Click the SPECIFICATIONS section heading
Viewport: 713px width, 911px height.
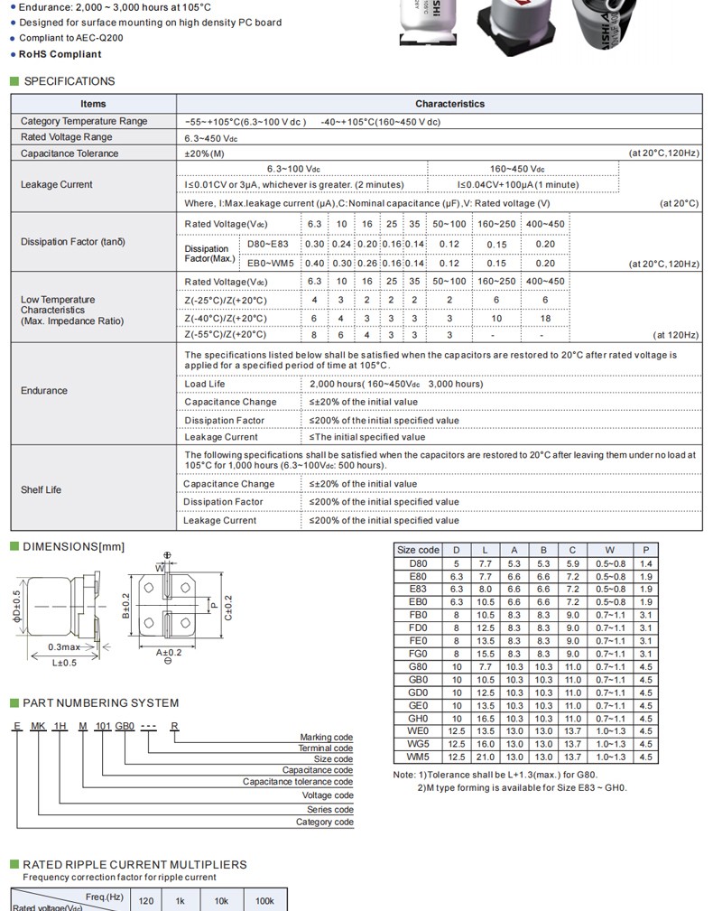[x=69, y=81]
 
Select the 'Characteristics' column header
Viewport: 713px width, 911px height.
[x=449, y=104]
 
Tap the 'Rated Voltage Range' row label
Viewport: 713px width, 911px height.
[x=67, y=137]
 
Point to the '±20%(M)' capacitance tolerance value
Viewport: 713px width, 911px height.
[x=204, y=153]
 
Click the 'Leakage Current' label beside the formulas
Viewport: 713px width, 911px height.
[x=57, y=184]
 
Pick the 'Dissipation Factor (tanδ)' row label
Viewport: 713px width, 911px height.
[x=73, y=242]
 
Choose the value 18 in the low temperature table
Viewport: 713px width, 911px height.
[x=545, y=318]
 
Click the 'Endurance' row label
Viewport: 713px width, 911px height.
[x=44, y=391]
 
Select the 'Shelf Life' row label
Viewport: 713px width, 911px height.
[x=42, y=489]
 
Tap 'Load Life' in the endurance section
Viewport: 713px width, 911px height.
[x=205, y=384]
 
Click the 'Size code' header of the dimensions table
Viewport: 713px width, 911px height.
[x=418, y=550]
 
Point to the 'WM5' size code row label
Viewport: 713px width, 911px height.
[x=418, y=758]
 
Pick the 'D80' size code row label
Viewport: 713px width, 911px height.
[x=418, y=563]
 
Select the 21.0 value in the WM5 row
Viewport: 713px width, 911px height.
[x=486, y=758]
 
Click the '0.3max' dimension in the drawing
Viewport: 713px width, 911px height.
[x=64, y=647]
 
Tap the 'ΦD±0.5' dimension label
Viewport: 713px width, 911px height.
[x=16, y=606]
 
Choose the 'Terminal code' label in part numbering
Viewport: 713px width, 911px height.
[x=326, y=748]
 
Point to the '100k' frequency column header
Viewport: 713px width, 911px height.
[x=264, y=901]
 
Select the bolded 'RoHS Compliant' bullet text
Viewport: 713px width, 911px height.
[x=60, y=54]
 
